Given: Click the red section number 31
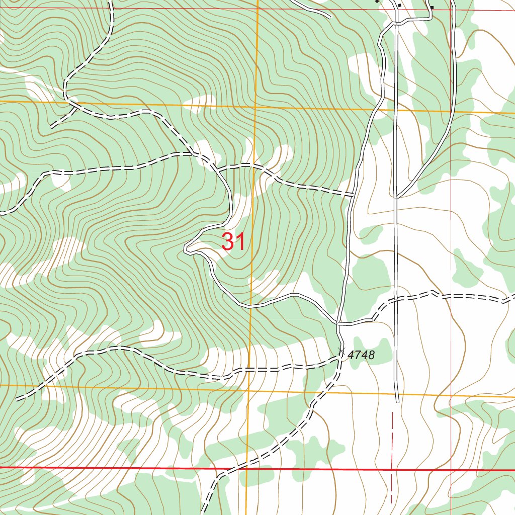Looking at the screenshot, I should pos(234,242).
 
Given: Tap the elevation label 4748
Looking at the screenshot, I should pos(361,355).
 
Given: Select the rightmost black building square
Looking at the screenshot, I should pos(431,7).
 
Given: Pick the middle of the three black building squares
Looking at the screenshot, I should pos(399,5).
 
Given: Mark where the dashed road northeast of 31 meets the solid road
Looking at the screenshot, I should pos(353,194).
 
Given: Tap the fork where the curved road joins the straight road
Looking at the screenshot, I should pos(397,196).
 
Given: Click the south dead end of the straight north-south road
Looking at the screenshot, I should pos(397,401).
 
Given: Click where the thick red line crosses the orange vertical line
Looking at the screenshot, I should pos(247,469).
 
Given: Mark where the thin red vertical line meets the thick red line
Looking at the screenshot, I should pos(451,470).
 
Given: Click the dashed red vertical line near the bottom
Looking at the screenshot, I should pos(392,453).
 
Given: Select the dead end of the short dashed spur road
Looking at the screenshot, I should pos(51,127).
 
